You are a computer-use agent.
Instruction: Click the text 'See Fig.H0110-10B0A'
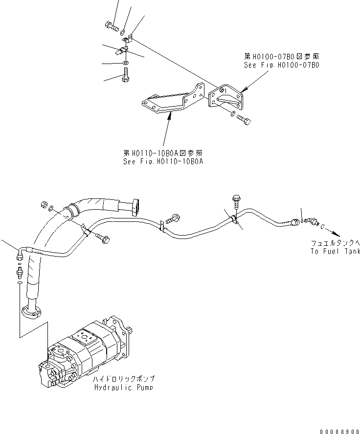click(x=163, y=161)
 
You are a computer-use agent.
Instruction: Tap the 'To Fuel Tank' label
click(x=335, y=251)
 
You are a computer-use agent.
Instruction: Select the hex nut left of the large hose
click(x=43, y=204)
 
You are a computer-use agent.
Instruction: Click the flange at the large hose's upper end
click(x=135, y=206)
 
